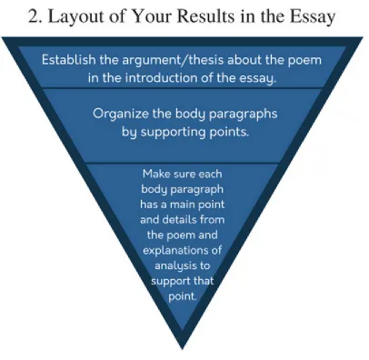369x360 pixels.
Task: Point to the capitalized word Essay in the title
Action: [x=313, y=17]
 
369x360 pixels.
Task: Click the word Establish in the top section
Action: [x=68, y=60]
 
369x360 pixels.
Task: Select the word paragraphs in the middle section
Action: [x=243, y=115]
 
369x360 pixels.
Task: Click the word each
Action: [x=210, y=174]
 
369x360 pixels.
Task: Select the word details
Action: [x=180, y=219]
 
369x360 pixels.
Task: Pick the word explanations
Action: [x=174, y=251]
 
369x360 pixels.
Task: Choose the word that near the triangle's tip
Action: [x=204, y=280]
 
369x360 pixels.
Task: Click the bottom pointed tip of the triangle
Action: [x=183, y=349]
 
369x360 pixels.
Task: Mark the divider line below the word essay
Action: [x=182, y=88]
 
